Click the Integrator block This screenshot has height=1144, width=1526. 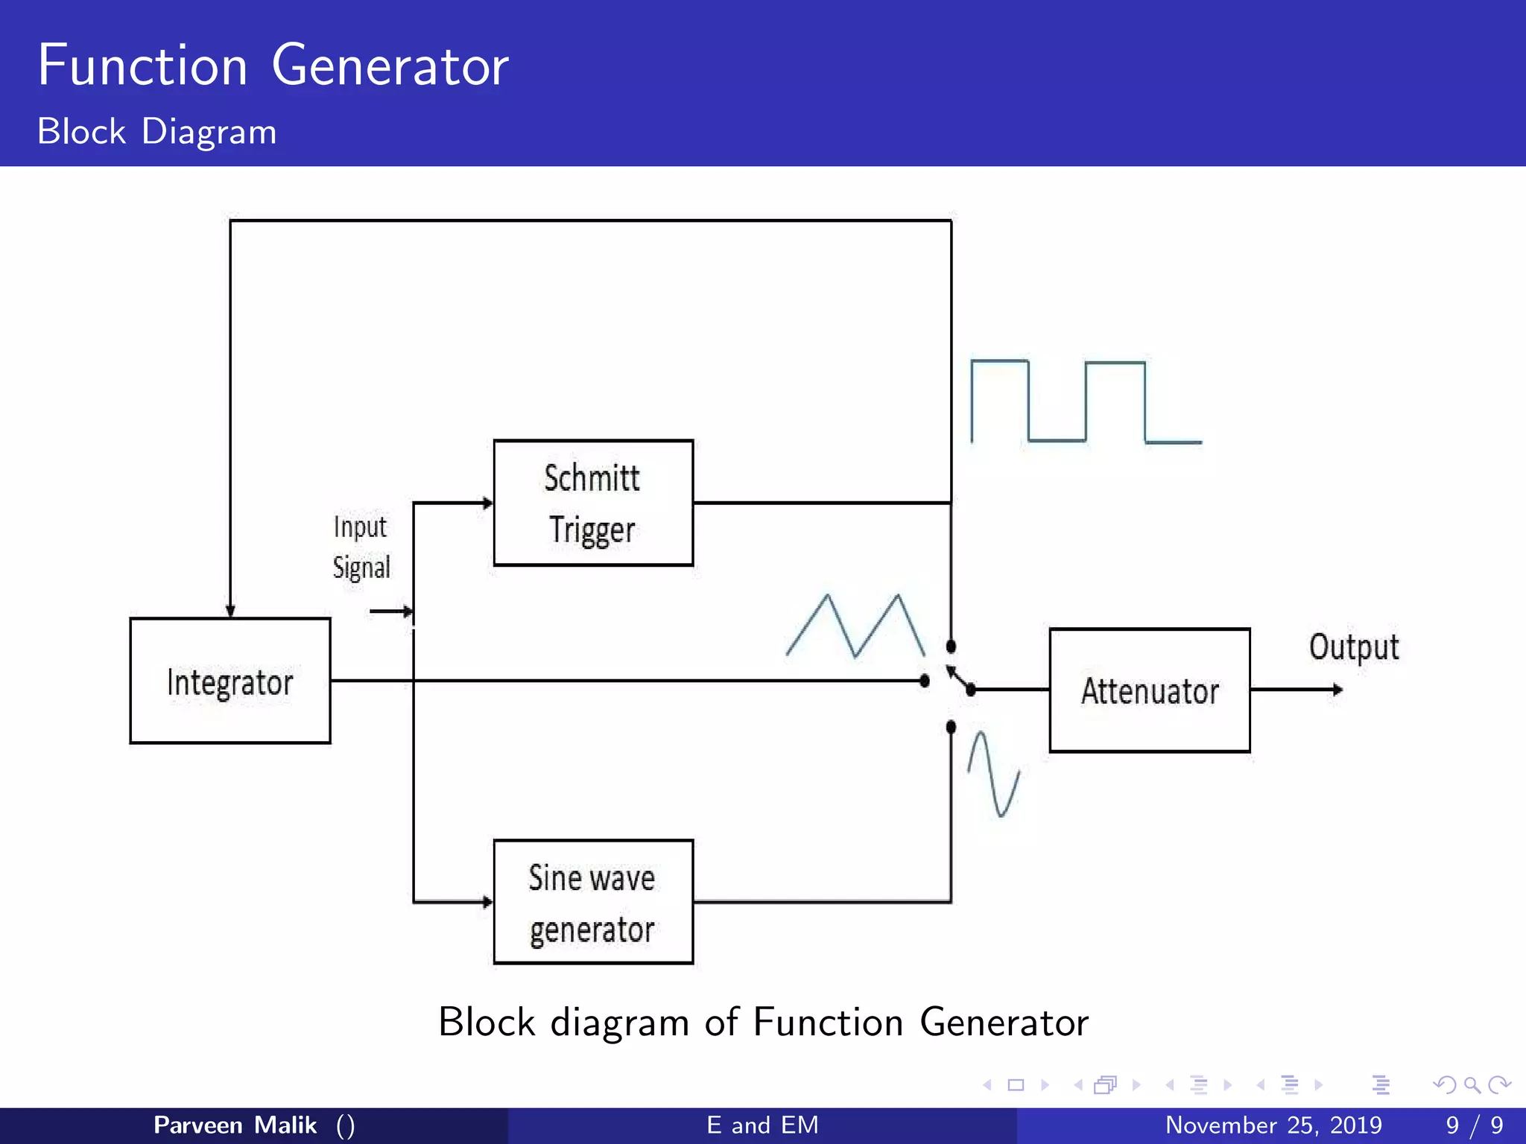(x=229, y=681)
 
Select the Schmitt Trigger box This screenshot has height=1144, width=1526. (x=593, y=503)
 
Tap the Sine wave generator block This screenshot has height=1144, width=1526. (x=593, y=902)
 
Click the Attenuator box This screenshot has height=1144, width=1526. (x=1150, y=690)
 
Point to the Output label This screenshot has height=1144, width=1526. (x=1353, y=647)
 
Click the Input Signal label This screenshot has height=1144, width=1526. (x=361, y=547)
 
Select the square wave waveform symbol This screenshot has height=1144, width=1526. (x=1085, y=402)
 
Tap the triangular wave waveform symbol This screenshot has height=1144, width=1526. (x=855, y=626)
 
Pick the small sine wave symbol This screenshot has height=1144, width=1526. (x=993, y=775)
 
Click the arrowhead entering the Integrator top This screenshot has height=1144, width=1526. (x=230, y=611)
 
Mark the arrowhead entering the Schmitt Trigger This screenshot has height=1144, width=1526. (x=487, y=503)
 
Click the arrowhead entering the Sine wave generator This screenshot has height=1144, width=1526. (x=487, y=902)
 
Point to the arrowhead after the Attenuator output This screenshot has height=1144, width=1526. (x=1337, y=690)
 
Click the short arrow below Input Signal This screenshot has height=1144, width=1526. (x=391, y=611)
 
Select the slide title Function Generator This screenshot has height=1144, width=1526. (x=273, y=66)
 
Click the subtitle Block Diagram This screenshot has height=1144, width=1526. (x=156, y=132)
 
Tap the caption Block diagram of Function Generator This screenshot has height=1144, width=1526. (x=763, y=1022)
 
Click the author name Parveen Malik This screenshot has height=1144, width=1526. (x=235, y=1125)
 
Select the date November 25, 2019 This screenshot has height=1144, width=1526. (x=1273, y=1125)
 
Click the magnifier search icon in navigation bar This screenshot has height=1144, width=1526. (x=1472, y=1085)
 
